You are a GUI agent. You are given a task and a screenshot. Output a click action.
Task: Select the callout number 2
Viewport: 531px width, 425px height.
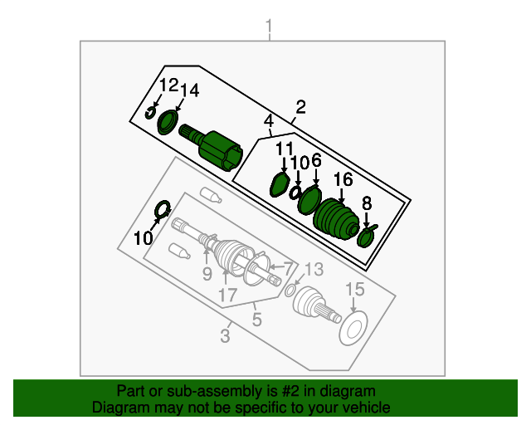click(x=300, y=107)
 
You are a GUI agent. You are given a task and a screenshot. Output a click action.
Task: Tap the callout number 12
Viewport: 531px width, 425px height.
click(x=168, y=85)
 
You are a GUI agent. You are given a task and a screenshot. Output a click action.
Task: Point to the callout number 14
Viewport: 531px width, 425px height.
click(x=190, y=90)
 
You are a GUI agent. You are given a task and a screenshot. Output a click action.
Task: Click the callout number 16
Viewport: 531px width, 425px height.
click(x=343, y=179)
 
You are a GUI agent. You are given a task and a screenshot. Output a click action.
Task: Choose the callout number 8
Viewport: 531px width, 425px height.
click(x=367, y=203)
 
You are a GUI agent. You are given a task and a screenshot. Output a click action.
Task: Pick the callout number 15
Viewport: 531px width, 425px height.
click(x=355, y=290)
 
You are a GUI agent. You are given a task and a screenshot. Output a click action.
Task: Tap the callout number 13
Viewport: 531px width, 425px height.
click(x=314, y=270)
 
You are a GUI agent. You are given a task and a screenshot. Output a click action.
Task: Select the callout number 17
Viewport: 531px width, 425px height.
click(x=227, y=296)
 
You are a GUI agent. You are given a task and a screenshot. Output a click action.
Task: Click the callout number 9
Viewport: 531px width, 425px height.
click(x=207, y=273)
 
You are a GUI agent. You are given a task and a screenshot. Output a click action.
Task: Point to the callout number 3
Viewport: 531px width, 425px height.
click(x=225, y=336)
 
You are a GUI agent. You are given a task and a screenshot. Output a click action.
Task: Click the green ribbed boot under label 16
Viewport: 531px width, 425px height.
click(x=336, y=220)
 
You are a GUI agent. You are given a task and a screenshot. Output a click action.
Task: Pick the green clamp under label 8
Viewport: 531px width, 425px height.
click(x=366, y=237)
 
